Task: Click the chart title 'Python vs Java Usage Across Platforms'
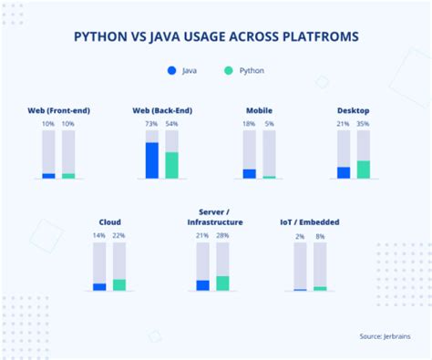pyautogui.click(x=216, y=37)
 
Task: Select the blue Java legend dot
pyautogui.click(x=172, y=70)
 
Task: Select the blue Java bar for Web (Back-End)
pyautogui.click(x=151, y=160)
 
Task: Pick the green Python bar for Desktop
pyautogui.click(x=364, y=170)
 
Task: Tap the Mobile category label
pyautogui.click(x=259, y=111)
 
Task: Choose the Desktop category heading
pyautogui.click(x=353, y=111)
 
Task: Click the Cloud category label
pyautogui.click(x=109, y=221)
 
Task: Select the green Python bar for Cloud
pyautogui.click(x=119, y=285)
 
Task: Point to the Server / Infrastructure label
pyautogui.click(x=214, y=217)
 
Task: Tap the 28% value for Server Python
pyautogui.click(x=223, y=235)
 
